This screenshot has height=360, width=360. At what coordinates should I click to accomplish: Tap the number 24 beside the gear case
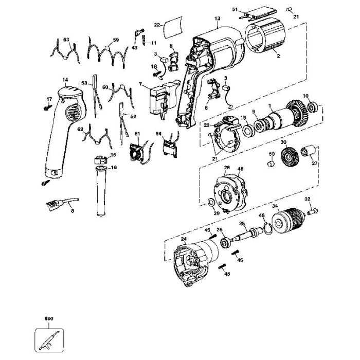point(184,239)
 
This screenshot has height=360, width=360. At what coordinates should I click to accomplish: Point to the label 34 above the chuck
point(275,207)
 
